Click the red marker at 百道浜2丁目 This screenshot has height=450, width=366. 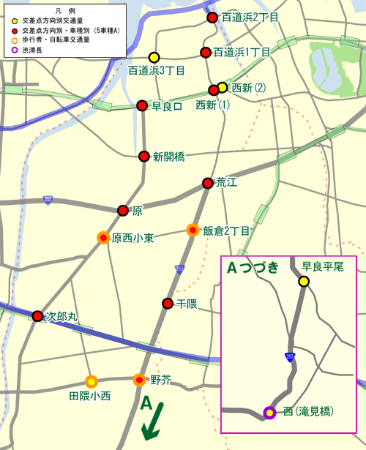[x=212, y=18]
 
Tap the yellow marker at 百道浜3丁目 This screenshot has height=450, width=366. [x=154, y=57]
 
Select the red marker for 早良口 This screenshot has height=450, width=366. [x=143, y=106]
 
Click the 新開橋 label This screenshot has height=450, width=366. [x=168, y=156]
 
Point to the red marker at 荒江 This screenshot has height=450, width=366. [x=207, y=183]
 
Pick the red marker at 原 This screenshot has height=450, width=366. [x=123, y=211]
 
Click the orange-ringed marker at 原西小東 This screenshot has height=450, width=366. [x=103, y=238]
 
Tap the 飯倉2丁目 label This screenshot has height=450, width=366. [x=227, y=230]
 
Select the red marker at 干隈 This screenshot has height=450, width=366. [x=168, y=303]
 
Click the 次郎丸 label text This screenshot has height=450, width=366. [x=61, y=317]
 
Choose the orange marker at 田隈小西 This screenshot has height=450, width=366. [x=91, y=381]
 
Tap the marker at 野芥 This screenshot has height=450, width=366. [x=139, y=380]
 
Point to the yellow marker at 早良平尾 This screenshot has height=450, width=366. [x=303, y=282]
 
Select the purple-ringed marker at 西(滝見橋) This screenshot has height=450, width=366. [x=269, y=413]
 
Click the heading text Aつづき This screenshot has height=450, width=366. [x=253, y=268]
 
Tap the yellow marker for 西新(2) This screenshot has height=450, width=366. [x=223, y=88]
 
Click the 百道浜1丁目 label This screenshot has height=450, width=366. [x=242, y=52]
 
